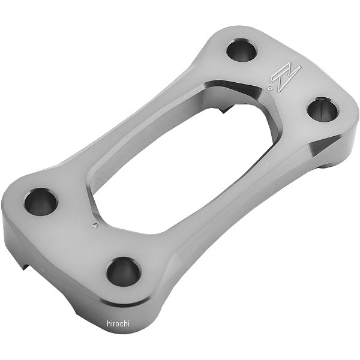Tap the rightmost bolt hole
click(x=323, y=110)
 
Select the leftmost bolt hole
click(x=41, y=202)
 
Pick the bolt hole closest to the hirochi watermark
click(x=124, y=272)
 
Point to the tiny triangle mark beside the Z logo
click(x=270, y=88)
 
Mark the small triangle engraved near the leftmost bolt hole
click(x=94, y=225)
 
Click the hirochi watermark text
click(x=118, y=323)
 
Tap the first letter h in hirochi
click(x=109, y=323)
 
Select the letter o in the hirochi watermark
click(x=118, y=324)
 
